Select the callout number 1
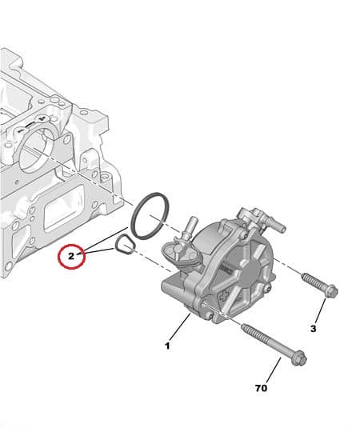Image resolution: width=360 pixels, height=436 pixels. (x=167, y=346)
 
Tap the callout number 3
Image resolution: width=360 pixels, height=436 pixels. (x=313, y=328)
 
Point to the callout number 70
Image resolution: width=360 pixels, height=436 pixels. (x=261, y=388)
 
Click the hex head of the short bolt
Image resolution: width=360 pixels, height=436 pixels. (x=330, y=290)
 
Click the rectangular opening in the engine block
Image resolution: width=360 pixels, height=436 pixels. (x=61, y=215)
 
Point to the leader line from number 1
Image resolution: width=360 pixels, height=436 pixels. (x=181, y=329)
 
